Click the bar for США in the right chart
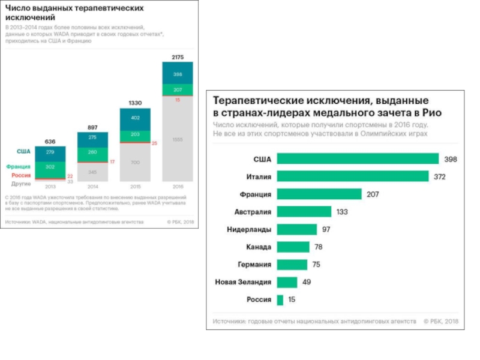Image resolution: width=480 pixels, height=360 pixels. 358,159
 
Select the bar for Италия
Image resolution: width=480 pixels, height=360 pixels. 352,176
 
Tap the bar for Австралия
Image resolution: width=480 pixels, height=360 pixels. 304,212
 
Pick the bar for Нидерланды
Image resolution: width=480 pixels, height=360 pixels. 296,229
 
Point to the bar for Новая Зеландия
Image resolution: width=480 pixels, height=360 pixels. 286,282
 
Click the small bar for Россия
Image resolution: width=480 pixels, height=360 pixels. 280,299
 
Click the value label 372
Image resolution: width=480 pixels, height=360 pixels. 439,177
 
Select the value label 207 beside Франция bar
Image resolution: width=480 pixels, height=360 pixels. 372,194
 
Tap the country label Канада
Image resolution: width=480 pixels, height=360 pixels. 259,247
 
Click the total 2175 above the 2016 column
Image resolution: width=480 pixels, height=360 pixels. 178,57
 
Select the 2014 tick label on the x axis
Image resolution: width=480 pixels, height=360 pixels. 93,187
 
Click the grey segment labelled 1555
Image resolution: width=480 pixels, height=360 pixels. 178,139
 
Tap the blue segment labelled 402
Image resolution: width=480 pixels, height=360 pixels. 135,118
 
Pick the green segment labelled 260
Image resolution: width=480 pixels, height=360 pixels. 93,152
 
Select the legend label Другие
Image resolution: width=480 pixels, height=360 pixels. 21,184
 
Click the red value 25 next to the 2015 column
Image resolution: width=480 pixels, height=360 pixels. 155,143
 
